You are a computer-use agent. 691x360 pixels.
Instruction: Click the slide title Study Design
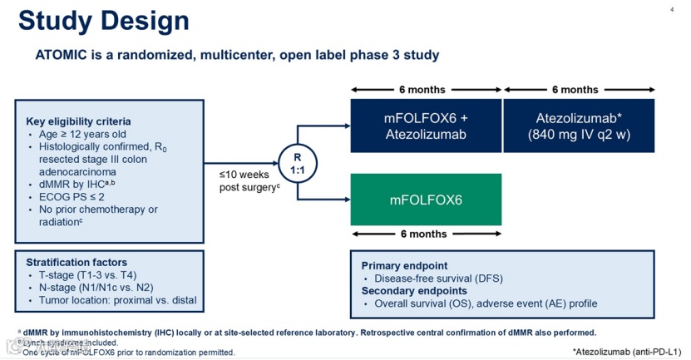(x=103, y=21)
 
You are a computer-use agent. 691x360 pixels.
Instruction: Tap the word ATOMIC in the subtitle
(x=63, y=55)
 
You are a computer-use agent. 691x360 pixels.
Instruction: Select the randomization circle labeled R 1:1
(x=297, y=163)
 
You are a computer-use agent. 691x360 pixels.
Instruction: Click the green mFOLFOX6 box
(x=426, y=200)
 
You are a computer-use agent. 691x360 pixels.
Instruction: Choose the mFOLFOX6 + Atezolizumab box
(x=426, y=126)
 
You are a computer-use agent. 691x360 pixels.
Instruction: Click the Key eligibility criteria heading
(x=78, y=121)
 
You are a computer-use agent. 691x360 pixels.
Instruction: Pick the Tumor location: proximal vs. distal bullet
(x=117, y=301)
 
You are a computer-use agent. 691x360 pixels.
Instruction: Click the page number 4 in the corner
(x=671, y=10)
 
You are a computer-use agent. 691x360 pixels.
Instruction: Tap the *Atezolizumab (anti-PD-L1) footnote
(x=626, y=351)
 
